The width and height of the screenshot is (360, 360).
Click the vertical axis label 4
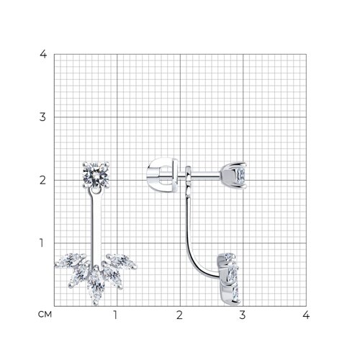(43, 55)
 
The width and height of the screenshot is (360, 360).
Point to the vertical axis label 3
(42, 117)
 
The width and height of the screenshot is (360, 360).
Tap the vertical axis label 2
(42, 180)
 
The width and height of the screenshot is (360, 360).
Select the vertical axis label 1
(42, 243)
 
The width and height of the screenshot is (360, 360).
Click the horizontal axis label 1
(115, 315)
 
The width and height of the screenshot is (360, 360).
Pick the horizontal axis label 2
(179, 315)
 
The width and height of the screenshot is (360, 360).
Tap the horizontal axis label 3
(243, 315)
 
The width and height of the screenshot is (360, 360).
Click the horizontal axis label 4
(306, 315)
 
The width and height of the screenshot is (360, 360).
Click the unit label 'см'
(45, 315)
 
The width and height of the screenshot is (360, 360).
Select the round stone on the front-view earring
(96, 175)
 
